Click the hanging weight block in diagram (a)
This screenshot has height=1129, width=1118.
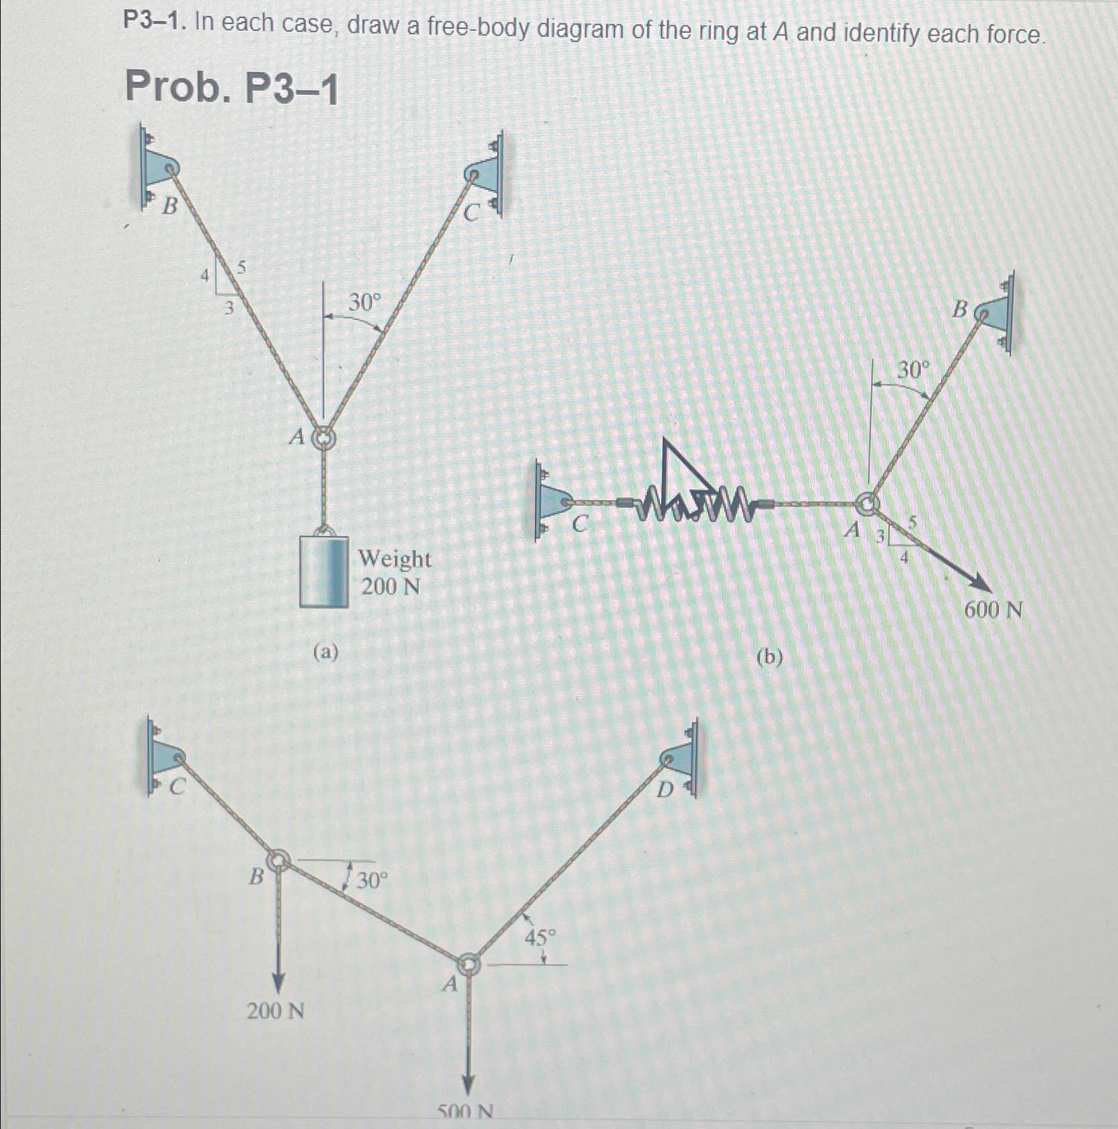(324, 571)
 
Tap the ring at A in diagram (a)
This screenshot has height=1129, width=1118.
(324, 438)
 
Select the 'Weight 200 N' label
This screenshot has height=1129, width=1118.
(394, 572)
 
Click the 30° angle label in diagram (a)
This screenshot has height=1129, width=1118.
(364, 303)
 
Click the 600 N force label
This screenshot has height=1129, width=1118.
(994, 611)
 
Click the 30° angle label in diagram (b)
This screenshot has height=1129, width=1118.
(914, 369)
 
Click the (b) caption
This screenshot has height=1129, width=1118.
(769, 656)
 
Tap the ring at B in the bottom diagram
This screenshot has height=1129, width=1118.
(278, 860)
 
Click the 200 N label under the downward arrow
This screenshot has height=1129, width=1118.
(275, 1010)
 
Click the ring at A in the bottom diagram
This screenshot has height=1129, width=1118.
(469, 964)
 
